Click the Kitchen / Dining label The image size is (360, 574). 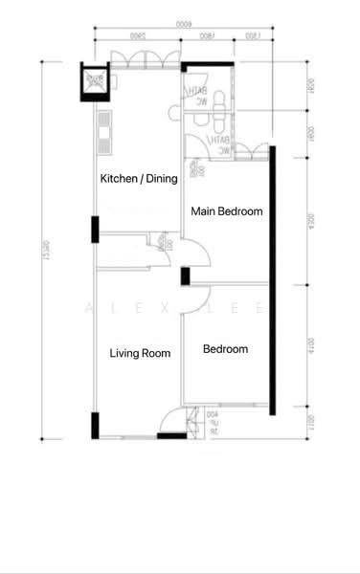point(139,179)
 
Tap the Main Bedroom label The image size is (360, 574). point(227,211)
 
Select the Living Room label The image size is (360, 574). point(140,353)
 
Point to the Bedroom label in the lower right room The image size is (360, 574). point(225,349)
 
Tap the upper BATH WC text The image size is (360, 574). point(202,97)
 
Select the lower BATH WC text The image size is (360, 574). point(221,144)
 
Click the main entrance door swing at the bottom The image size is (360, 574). point(172,421)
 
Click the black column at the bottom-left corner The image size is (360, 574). point(94,425)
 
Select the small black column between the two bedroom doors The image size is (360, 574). point(185,276)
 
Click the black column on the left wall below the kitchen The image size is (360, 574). point(94,231)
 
